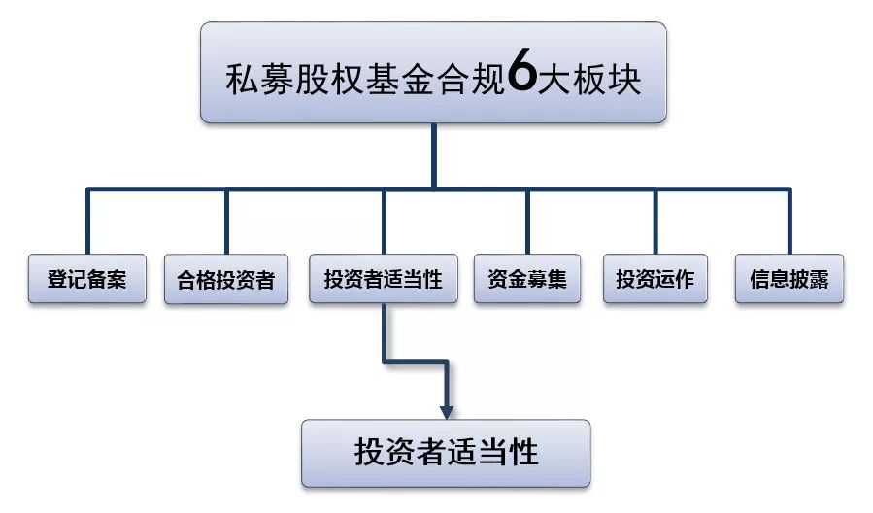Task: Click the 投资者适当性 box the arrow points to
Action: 446,453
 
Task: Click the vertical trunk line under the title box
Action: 433,155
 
